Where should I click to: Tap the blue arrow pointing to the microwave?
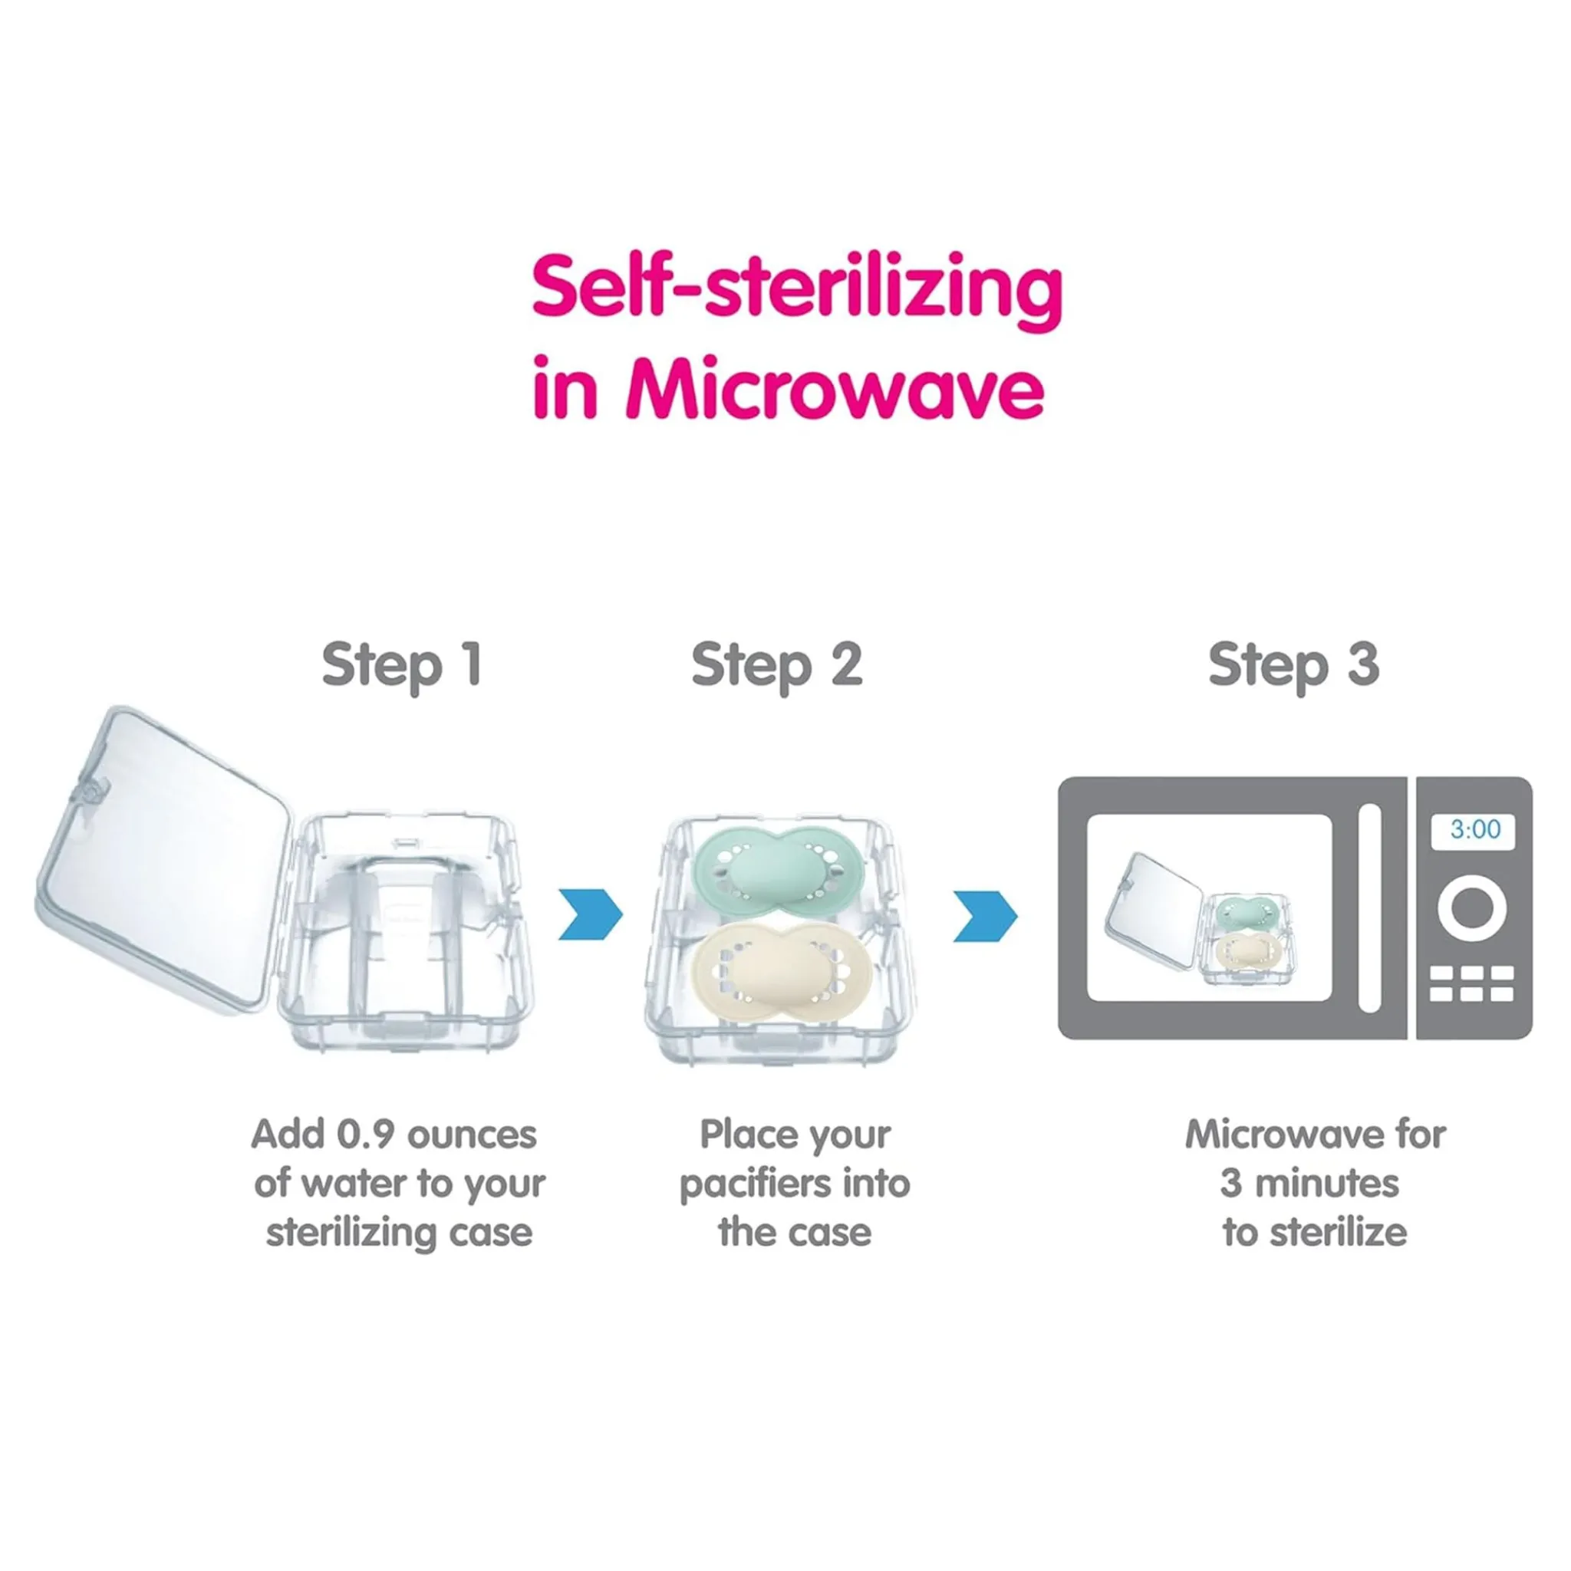click(985, 917)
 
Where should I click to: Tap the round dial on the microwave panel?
click(1472, 907)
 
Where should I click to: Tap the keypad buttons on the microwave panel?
click(1472, 983)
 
